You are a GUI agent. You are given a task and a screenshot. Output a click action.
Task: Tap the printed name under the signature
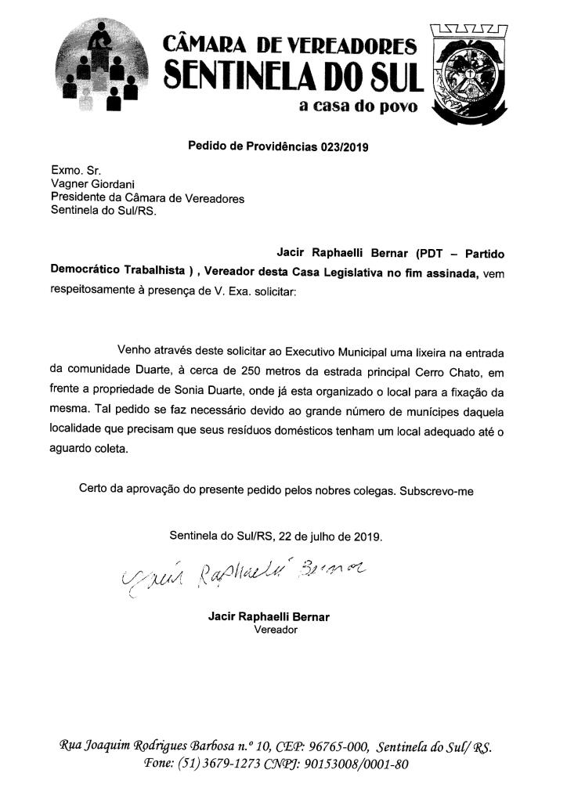(x=269, y=617)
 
